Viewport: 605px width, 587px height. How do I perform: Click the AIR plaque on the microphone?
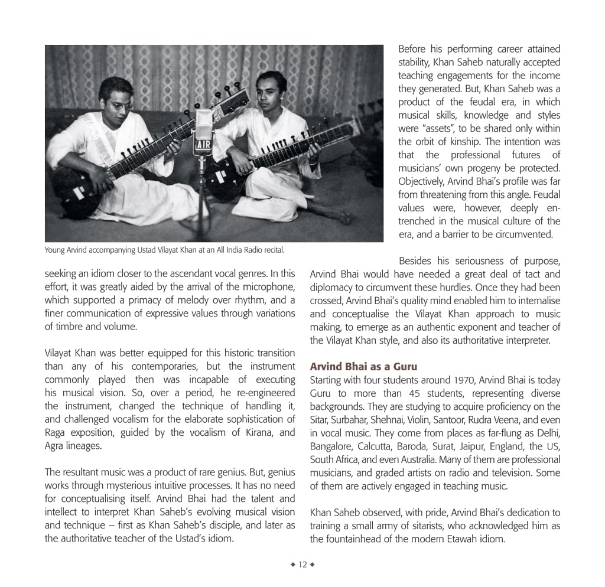tap(202, 144)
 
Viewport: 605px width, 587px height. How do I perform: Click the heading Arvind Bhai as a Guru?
tap(363, 367)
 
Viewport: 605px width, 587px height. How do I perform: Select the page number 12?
tap(302, 565)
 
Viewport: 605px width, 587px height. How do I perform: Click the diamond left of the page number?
tap(293, 565)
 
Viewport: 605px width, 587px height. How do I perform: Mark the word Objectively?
tap(421, 181)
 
